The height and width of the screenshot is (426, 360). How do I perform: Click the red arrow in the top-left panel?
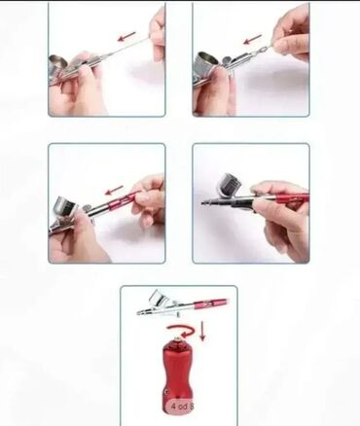[x=126, y=36]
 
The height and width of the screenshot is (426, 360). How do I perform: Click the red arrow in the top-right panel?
[x=253, y=40]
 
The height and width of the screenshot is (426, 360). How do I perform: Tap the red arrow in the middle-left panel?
[x=115, y=190]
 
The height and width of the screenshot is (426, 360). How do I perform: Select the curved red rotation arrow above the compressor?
[x=181, y=333]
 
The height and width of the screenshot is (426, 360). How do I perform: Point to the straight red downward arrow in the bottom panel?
[x=202, y=331]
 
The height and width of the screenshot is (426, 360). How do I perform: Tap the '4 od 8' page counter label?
[x=183, y=407]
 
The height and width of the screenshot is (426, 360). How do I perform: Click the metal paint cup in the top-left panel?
[x=57, y=65]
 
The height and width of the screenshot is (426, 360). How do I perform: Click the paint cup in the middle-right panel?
[x=233, y=185]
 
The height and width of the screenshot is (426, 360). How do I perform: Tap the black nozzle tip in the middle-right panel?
[x=205, y=204]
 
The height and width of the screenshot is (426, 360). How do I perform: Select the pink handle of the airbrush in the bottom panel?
[x=210, y=303]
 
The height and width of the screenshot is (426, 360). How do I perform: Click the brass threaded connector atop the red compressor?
[x=179, y=340]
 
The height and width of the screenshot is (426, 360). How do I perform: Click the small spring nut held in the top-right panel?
[x=263, y=50]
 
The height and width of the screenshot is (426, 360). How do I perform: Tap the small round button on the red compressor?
[x=166, y=392]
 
